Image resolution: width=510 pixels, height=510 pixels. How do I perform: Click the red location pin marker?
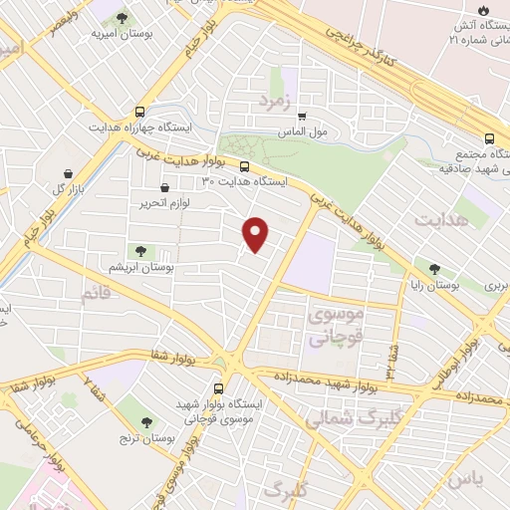pos(257,233)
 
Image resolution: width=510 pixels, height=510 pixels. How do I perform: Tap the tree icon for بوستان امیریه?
pos(123,18)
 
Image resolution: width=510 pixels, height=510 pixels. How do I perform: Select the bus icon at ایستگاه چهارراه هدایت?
pos(139,113)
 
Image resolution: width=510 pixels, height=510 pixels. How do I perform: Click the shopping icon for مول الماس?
pos(303,115)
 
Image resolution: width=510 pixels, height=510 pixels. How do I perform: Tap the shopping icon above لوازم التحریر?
pos(164,185)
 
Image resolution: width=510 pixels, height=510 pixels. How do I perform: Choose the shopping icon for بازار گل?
pos(67,171)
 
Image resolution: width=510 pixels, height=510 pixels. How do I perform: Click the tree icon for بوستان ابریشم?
pos(136,251)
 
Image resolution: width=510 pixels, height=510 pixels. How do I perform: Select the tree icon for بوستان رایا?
pos(434,268)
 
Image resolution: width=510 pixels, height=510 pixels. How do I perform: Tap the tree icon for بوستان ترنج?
pos(147,423)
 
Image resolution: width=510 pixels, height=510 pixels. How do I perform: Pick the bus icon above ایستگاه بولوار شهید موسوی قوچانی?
pos(218,388)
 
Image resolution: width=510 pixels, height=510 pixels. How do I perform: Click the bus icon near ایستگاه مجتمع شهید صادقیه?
pos(489,139)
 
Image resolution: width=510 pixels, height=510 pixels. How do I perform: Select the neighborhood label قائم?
pos(92,294)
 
